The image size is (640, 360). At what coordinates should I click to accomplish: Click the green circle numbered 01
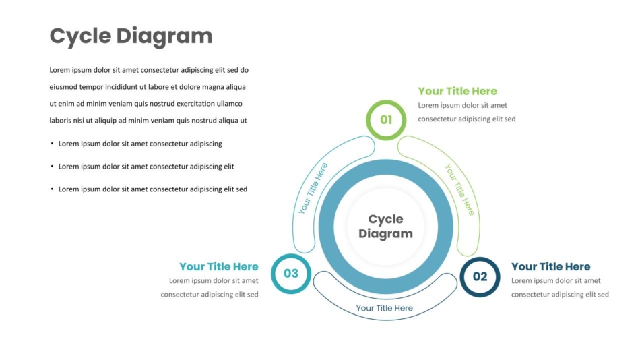click(386, 102)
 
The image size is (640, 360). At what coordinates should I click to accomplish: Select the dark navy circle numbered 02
click(480, 259)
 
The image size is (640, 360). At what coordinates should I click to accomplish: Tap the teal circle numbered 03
click(291, 256)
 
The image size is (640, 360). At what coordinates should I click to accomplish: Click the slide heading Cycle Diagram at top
click(131, 36)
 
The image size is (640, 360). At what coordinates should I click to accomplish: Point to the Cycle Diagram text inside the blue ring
click(386, 227)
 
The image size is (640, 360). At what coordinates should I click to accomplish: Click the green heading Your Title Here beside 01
click(457, 91)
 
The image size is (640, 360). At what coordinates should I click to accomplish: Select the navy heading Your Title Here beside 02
click(551, 266)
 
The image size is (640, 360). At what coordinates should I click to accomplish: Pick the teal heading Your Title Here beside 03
click(219, 266)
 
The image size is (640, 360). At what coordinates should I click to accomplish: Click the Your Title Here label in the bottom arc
click(385, 308)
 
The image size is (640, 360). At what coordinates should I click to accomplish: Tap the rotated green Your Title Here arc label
click(460, 189)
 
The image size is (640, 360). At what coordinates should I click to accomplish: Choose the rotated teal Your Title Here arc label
click(313, 188)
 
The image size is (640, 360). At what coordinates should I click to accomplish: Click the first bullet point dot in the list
click(52, 144)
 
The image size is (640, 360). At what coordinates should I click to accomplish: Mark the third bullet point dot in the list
click(52, 189)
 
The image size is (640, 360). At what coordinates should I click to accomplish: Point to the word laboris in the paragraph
click(61, 121)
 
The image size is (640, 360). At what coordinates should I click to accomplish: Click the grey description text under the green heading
click(467, 112)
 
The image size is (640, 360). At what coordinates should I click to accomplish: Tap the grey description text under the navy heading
click(560, 287)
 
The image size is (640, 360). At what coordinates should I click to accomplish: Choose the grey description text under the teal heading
click(210, 287)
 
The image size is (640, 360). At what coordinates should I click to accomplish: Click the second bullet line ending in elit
click(146, 167)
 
